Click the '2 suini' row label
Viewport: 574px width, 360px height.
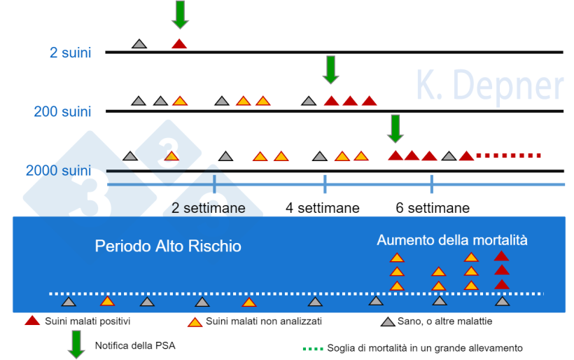click(x=70, y=53)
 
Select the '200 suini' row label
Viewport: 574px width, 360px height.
click(x=62, y=111)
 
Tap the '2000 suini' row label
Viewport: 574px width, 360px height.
click(x=59, y=171)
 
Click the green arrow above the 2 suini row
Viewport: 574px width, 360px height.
click(x=180, y=14)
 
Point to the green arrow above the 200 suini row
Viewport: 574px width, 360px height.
click(x=331, y=69)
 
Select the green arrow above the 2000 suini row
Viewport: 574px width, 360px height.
click(x=395, y=127)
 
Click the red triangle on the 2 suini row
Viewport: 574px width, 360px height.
click(x=179, y=43)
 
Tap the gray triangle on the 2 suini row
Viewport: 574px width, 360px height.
click(x=139, y=43)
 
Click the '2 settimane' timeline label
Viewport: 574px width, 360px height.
click(x=209, y=208)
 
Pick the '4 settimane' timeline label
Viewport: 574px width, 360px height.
click(x=323, y=208)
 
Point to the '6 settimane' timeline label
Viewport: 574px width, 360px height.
click(x=433, y=208)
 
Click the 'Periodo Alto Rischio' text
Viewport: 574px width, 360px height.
click(x=168, y=247)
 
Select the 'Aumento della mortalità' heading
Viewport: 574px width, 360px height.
click(x=452, y=240)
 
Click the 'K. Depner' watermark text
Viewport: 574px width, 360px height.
click(x=489, y=86)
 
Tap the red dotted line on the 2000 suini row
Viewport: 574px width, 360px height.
click(x=508, y=155)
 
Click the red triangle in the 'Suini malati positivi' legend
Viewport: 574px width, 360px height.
click(x=32, y=321)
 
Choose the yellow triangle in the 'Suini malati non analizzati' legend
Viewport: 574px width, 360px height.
click(x=195, y=321)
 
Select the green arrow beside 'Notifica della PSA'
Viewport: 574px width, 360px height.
click(x=76, y=345)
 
